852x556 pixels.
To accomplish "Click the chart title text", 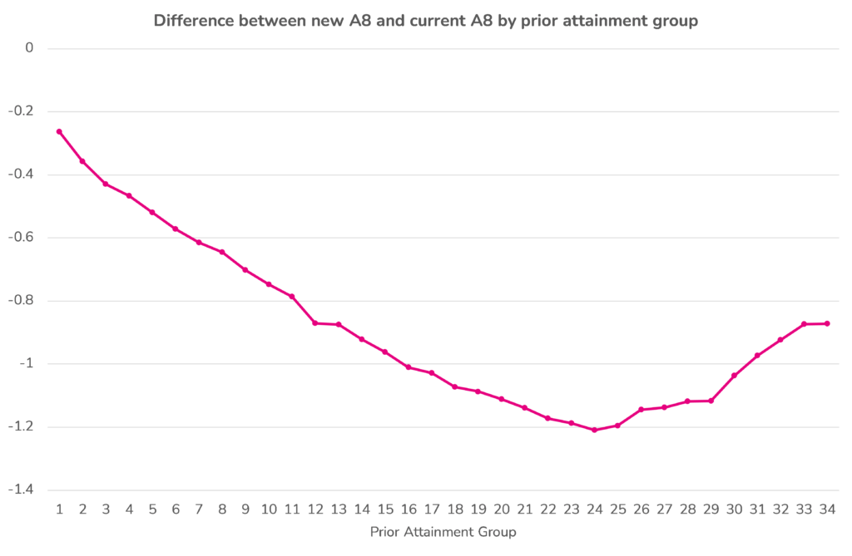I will pos(425,21).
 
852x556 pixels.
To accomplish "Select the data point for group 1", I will pos(59,131).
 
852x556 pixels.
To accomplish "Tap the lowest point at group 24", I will pos(594,430).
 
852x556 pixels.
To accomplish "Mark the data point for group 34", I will pos(827,323).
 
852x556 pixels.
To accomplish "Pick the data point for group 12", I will pos(315,322).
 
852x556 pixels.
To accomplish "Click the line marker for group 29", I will pos(711,401).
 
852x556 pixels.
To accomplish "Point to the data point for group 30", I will pos(734,376).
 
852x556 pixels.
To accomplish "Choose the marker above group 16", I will pos(408,367).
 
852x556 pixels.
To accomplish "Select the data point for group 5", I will pos(152,212).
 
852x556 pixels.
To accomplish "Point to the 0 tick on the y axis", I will pos(29,48).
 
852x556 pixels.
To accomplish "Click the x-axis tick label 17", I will pos(431,509).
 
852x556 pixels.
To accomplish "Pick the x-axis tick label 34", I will pos(827,509).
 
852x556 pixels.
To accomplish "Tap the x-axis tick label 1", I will pos(59,509).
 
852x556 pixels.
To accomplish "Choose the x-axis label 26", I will pos(641,509).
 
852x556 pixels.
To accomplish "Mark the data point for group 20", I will pos(501,399).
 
